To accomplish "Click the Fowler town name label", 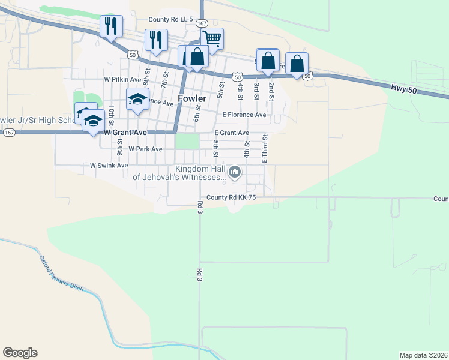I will (192, 98).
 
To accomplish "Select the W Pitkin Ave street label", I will (122, 79).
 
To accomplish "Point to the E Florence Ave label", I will (244, 115).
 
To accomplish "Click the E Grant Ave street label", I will (232, 133).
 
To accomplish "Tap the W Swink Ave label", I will (109, 165).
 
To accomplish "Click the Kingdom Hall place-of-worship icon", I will (235, 173).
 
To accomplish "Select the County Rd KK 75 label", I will (231, 197).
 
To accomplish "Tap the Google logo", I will (20, 353).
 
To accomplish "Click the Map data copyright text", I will (424, 355).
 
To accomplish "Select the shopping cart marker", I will (212, 39).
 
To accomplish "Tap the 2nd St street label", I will (271, 91).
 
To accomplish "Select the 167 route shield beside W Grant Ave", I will (8, 133).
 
